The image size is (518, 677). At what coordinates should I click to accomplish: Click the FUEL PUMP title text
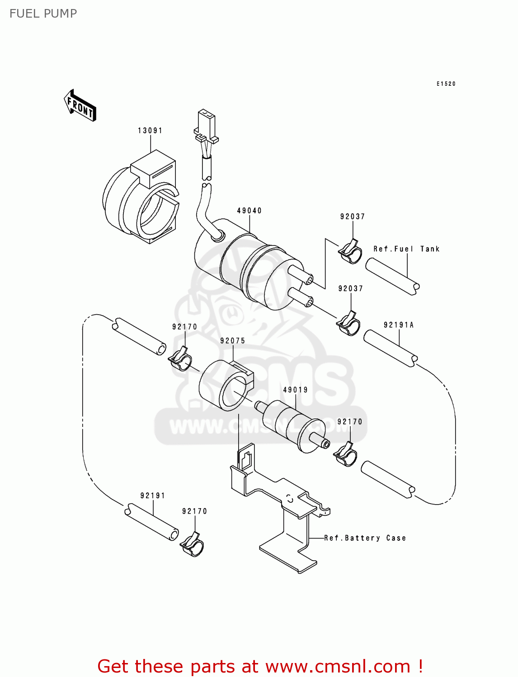click(x=43, y=14)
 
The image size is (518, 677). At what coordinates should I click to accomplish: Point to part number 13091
click(x=150, y=130)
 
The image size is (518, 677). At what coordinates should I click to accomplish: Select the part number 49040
click(x=250, y=211)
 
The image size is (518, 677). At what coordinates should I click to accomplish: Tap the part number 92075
click(x=233, y=341)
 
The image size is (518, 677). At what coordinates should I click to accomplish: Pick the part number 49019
click(x=296, y=390)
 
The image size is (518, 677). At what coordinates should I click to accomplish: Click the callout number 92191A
click(x=399, y=325)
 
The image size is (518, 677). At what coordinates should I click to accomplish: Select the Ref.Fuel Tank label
click(x=406, y=249)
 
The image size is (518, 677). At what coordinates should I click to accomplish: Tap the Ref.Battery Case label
click(x=365, y=538)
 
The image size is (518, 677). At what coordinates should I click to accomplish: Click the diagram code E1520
click(x=446, y=84)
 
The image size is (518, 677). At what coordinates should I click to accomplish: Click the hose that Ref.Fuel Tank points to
click(x=392, y=276)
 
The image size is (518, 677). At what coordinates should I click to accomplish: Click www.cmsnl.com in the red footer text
click(x=337, y=666)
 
